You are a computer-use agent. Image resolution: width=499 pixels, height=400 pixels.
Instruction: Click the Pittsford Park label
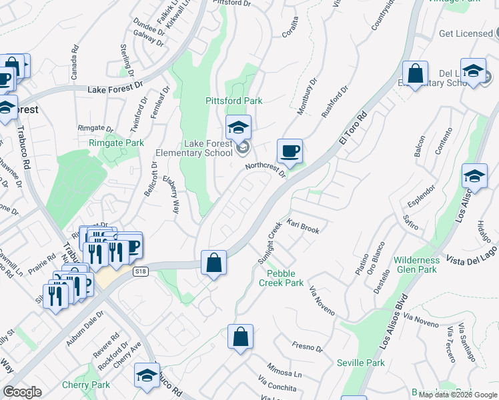(x=233, y=101)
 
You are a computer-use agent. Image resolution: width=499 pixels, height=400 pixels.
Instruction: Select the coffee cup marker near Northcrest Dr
(x=289, y=152)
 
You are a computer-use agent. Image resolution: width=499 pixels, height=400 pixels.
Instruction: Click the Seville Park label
(x=360, y=363)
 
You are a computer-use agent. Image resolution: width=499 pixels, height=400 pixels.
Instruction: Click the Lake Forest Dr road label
(x=116, y=88)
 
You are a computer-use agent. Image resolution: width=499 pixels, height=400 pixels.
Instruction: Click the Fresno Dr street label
(x=307, y=347)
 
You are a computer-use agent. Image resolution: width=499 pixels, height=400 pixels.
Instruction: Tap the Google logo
(x=23, y=392)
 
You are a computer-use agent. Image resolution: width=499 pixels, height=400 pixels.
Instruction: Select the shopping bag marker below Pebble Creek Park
(x=240, y=337)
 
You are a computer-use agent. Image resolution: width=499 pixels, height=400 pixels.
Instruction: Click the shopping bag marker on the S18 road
(x=213, y=263)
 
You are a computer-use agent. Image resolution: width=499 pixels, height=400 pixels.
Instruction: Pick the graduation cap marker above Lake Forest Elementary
(x=238, y=127)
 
